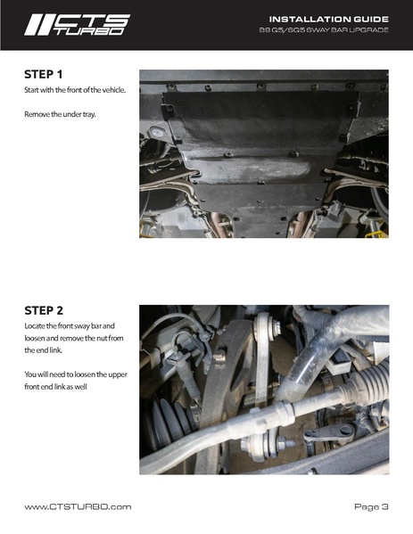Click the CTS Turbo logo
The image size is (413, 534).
point(77,24)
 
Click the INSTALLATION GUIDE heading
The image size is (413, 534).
point(328,19)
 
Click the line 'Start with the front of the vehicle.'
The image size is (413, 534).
point(75,91)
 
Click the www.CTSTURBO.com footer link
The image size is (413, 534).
point(78,507)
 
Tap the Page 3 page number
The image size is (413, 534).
point(371,507)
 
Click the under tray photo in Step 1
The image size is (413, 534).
point(264,153)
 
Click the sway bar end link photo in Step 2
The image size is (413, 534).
point(264,390)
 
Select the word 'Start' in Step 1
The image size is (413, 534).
point(33,91)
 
